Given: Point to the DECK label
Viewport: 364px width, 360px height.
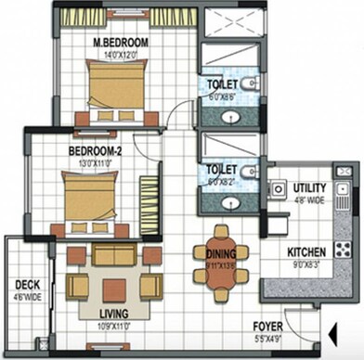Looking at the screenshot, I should coord(26,285).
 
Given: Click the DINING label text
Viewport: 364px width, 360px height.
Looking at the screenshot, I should coord(220,264).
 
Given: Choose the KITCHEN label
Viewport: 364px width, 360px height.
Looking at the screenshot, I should coord(305,251).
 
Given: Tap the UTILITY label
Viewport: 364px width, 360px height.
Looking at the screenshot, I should coord(309,187).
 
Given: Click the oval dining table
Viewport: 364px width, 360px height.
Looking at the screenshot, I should coord(220,264).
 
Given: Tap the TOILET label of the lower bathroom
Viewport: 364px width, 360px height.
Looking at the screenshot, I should coord(224,171).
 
